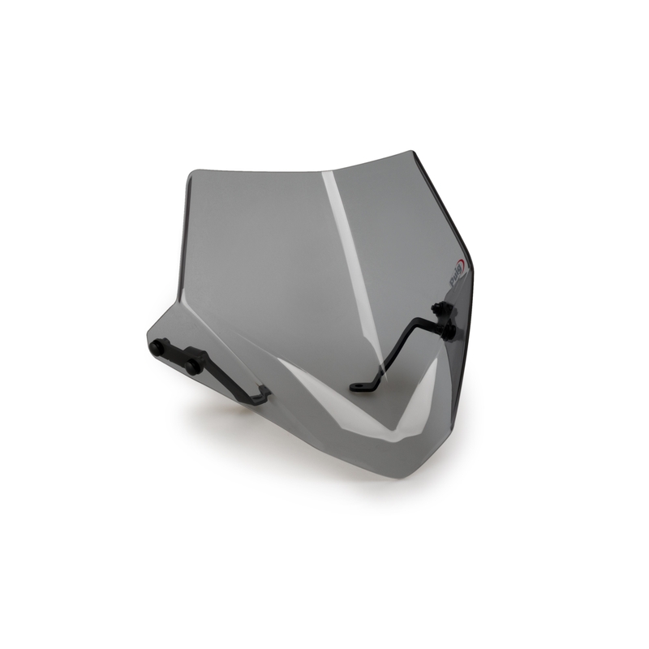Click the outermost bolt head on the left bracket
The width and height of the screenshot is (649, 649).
click(156, 346)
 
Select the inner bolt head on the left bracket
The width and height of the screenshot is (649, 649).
click(193, 366)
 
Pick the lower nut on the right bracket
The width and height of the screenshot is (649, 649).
click(447, 331)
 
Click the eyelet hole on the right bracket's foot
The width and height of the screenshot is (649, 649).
click(359, 388)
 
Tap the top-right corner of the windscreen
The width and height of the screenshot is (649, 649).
click(413, 152)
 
